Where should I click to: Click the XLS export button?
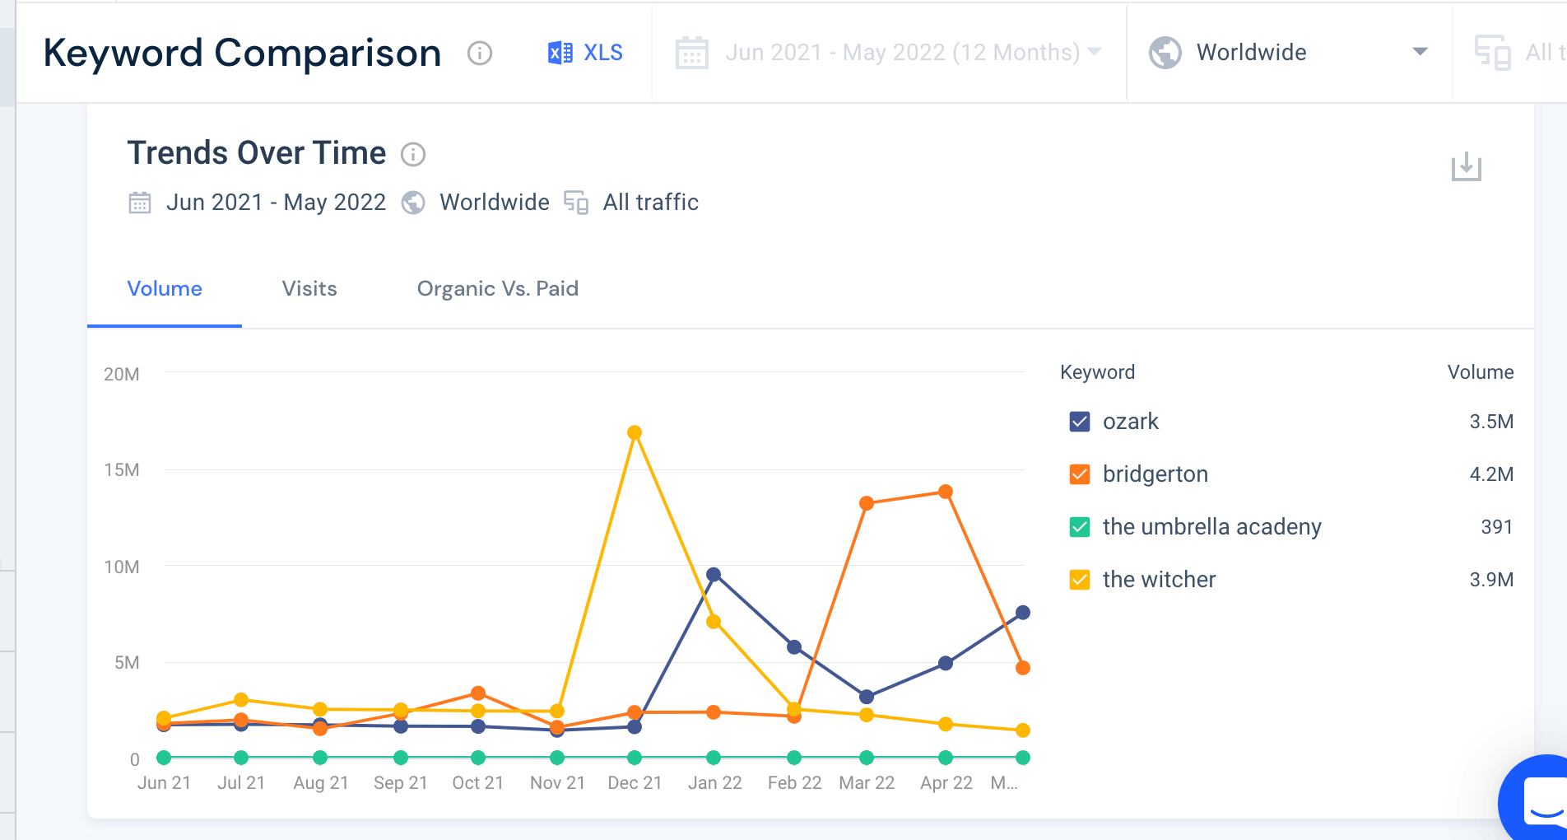pos(585,53)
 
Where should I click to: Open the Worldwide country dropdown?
pos(1288,53)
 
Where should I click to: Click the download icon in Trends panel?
pos(1466,167)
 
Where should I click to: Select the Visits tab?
pos(309,289)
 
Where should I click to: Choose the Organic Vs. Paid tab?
pos(497,289)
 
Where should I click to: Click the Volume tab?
pos(165,289)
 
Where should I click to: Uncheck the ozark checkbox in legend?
pos(1079,422)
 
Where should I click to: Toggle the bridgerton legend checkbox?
pos(1079,474)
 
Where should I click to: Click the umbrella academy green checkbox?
pos(1079,527)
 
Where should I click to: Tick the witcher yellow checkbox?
pos(1079,580)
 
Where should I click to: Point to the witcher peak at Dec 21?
pos(635,432)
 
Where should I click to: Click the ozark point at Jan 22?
pos(714,575)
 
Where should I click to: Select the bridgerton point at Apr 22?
pos(946,492)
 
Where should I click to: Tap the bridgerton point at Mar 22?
pos(867,503)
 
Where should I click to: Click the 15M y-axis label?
pos(122,470)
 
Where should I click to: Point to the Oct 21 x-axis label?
pos(477,783)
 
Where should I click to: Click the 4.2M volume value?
pos(1490,474)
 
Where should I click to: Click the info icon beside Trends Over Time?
pos(413,155)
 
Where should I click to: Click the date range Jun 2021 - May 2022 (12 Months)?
pos(902,53)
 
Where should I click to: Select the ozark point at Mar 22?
pos(867,697)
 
